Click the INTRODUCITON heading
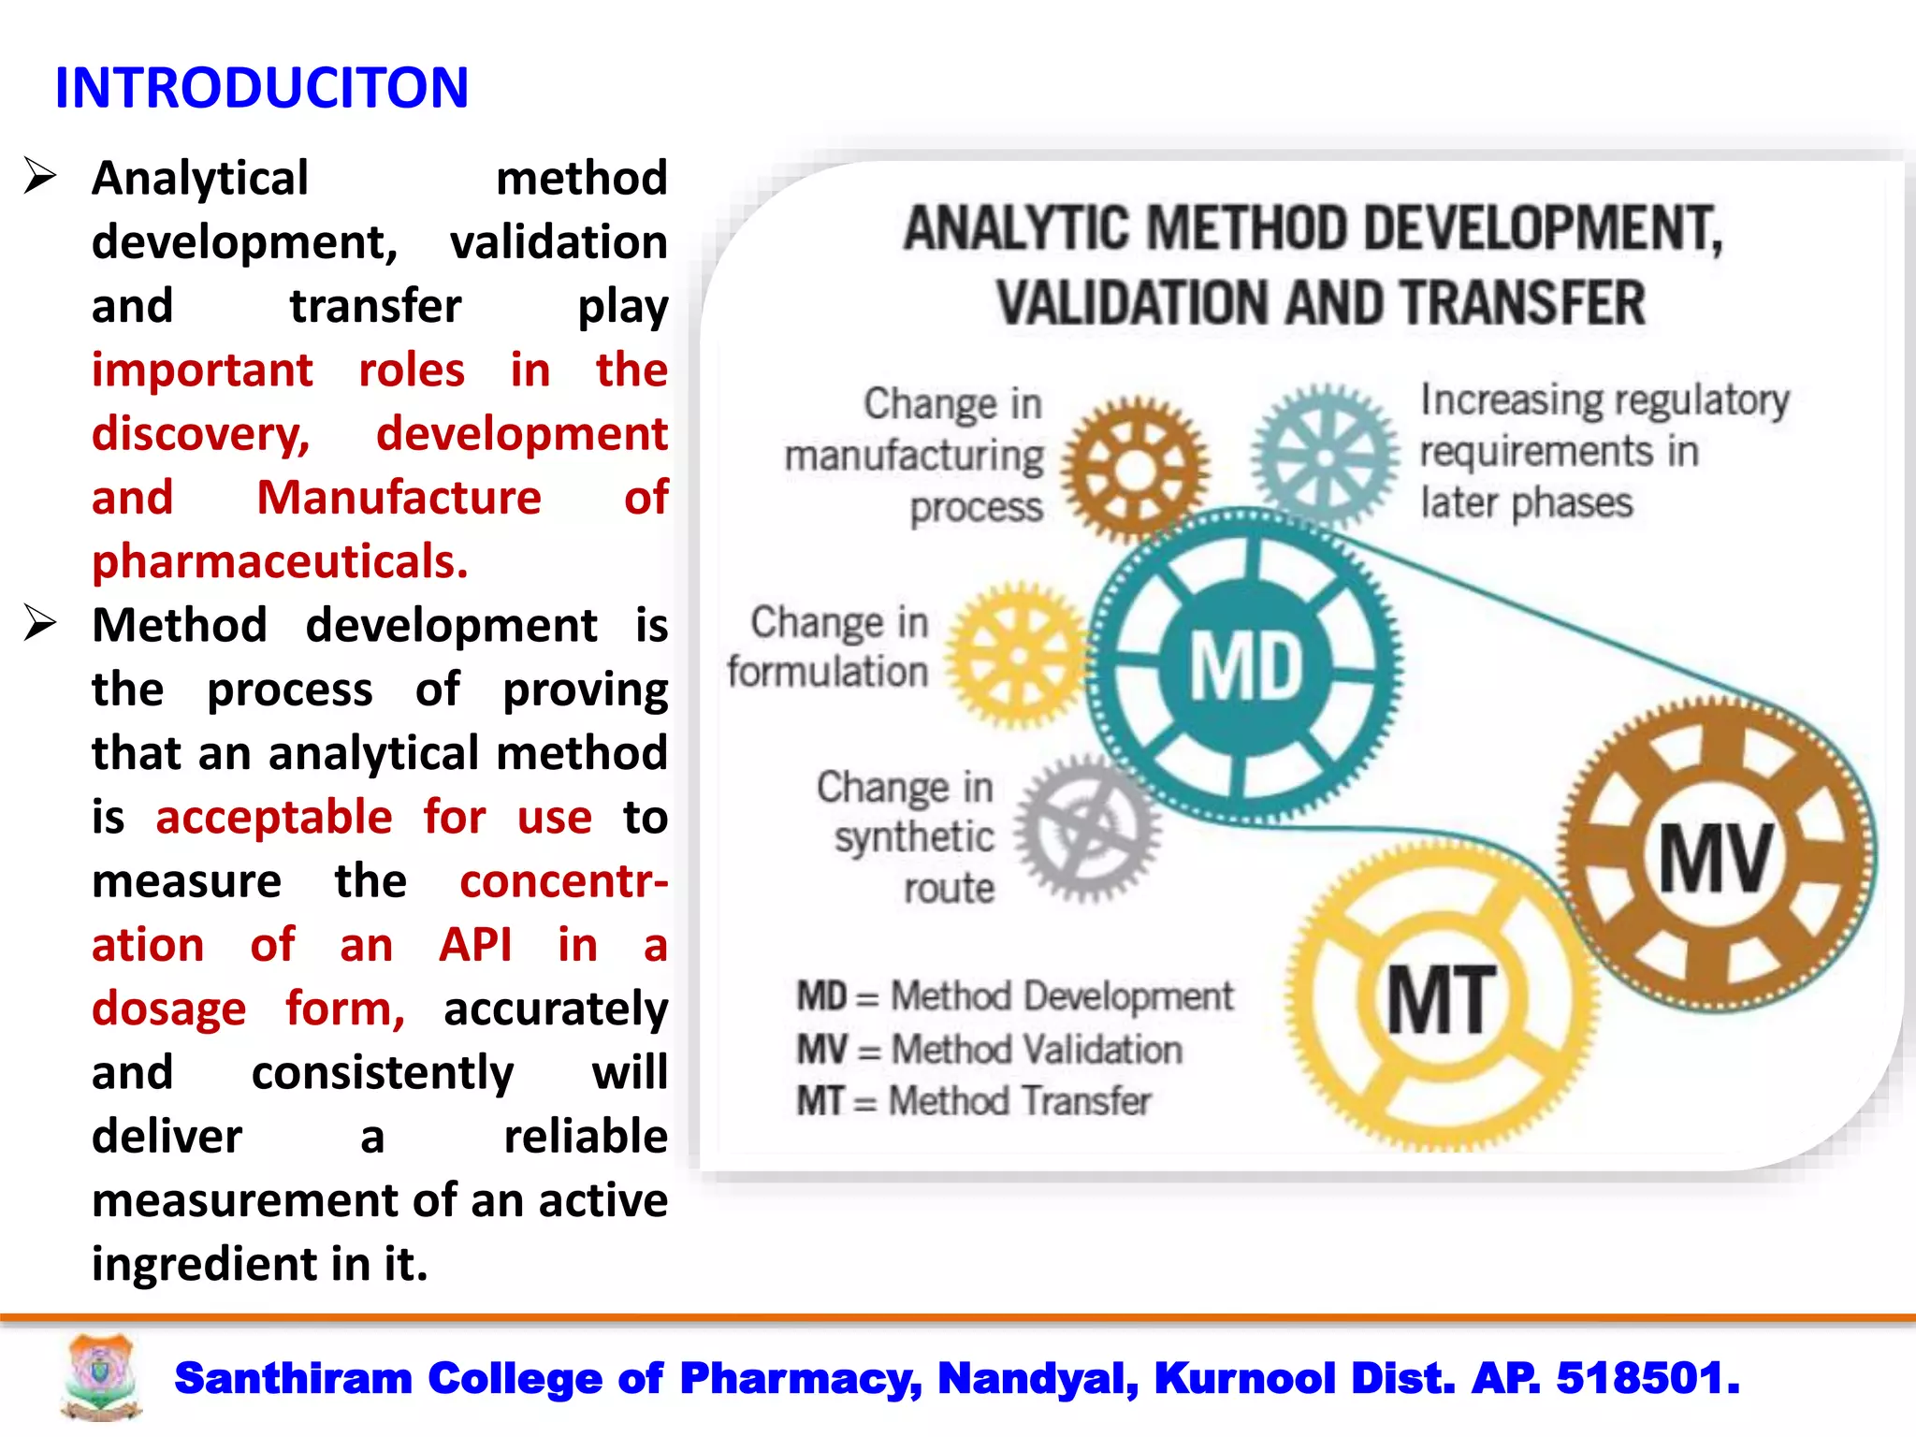point(262,88)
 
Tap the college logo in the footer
point(101,1376)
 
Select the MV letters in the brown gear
point(1715,858)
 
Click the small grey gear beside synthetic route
point(1088,828)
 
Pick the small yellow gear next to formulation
point(1018,655)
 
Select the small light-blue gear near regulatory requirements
point(1326,457)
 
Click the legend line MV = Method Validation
point(989,1050)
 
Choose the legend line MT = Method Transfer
point(973,1101)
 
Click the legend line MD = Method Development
point(1014,996)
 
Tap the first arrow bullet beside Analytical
point(40,176)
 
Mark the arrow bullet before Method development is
point(40,623)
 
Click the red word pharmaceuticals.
point(280,561)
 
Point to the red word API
point(475,944)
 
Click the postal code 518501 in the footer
point(1647,1378)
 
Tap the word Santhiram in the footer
point(293,1378)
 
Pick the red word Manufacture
point(399,497)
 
